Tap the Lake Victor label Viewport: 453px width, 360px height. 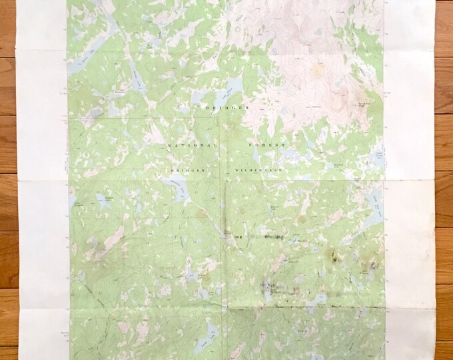click(x=378, y=155)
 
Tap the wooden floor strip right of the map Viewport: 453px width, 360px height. click(x=443, y=200)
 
